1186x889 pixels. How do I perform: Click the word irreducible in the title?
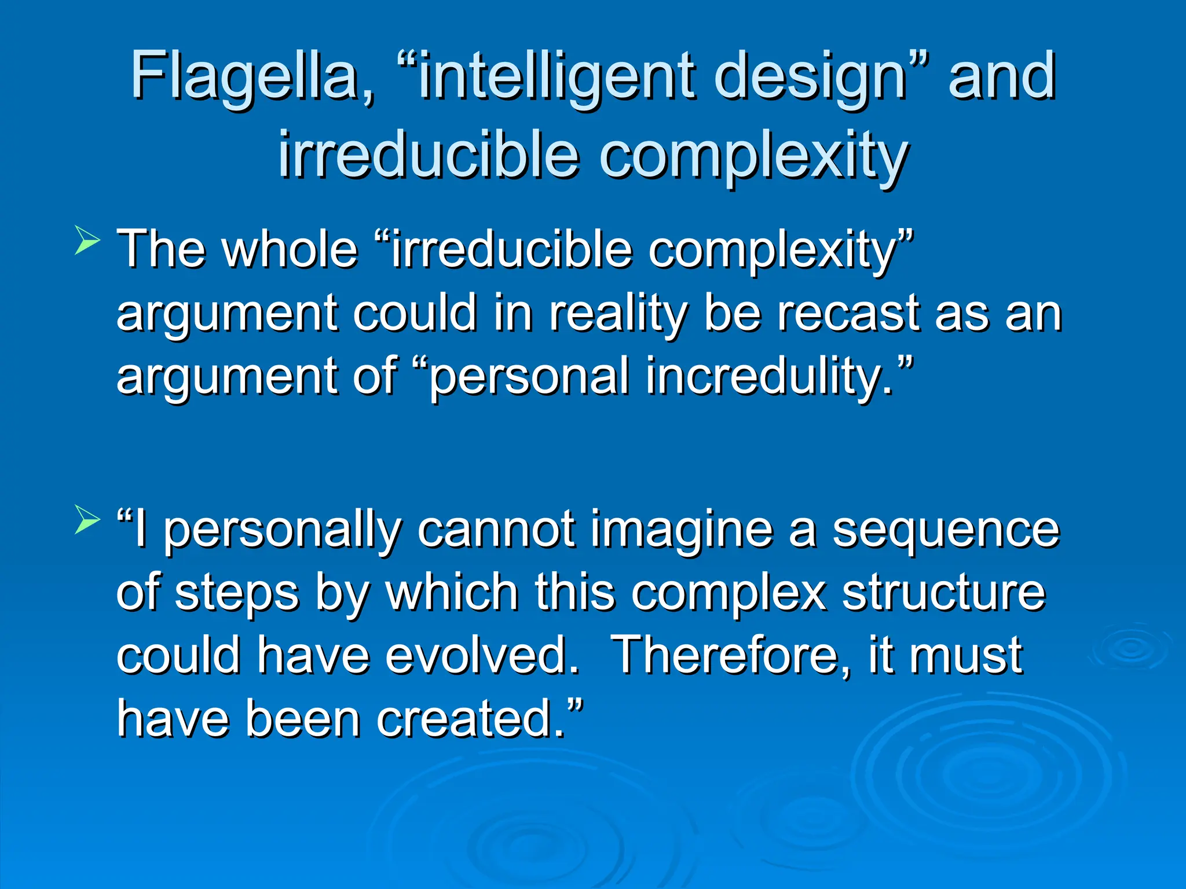click(x=429, y=155)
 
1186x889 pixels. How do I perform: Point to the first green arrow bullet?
click(x=87, y=242)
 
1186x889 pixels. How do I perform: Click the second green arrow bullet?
click(x=87, y=519)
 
